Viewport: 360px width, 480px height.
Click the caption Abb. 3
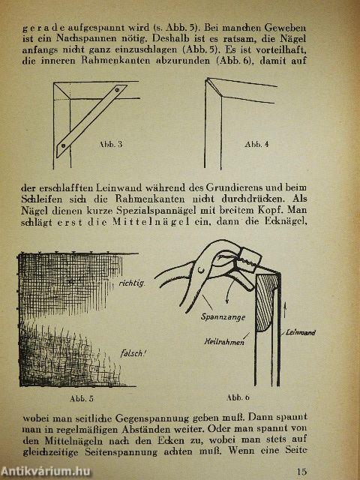click(110, 142)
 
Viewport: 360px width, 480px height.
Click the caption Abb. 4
click(259, 142)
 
